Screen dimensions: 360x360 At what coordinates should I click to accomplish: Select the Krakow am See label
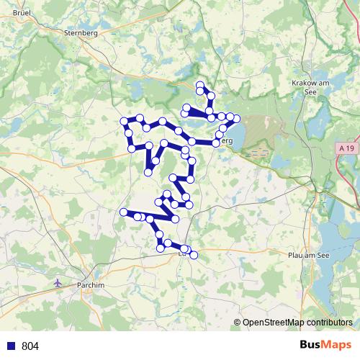311,88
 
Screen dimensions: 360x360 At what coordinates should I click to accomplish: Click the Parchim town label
91,285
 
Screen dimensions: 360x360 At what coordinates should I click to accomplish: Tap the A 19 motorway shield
346,148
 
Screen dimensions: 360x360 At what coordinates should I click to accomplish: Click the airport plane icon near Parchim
58,282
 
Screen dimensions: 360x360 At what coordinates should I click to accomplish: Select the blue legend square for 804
12,346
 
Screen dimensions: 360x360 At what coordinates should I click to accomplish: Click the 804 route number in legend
30,346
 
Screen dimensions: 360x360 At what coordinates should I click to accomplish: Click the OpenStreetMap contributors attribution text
297,323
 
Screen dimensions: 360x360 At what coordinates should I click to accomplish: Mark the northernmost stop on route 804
200,85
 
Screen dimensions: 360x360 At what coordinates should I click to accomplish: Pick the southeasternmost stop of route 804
193,255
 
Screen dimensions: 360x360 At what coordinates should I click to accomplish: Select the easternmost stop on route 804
237,118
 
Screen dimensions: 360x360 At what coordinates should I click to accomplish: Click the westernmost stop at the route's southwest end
123,212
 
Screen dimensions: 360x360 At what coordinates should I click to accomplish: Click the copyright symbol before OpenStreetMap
238,323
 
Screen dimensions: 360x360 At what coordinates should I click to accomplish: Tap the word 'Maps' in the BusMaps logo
338,346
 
